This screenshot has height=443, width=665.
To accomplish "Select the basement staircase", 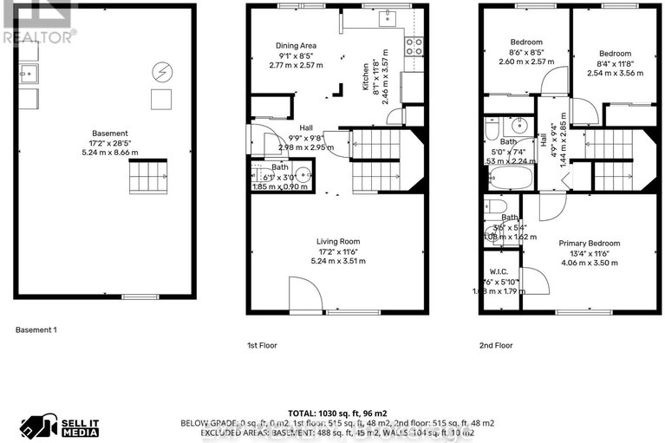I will [145, 179].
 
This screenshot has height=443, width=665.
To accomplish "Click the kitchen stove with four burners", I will [414, 45].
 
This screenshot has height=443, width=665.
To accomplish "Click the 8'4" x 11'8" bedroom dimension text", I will [616, 52].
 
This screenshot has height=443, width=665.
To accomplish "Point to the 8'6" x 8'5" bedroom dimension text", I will [525, 52].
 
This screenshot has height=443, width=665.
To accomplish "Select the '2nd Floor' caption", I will [496, 345].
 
